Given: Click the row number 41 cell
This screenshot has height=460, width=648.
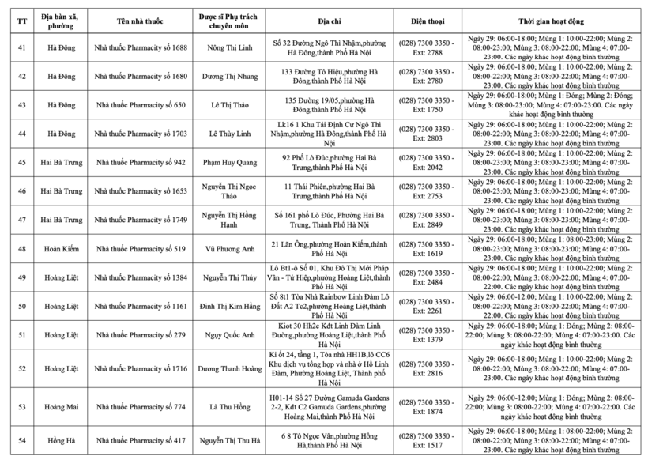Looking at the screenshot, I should pos(21,48).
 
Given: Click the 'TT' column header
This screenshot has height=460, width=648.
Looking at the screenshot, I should pos(21,17).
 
